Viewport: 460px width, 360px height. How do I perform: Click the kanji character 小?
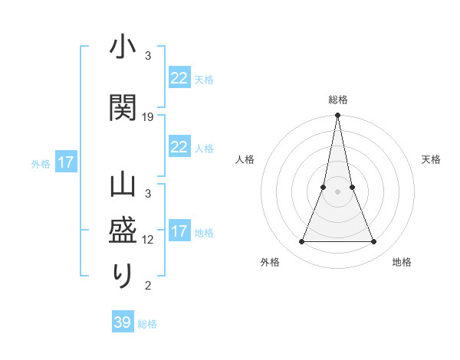point(123,48)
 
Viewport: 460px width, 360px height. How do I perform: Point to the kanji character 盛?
point(123,231)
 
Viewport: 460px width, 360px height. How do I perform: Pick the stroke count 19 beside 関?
point(148,117)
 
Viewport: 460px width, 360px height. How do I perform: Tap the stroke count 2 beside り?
point(148,286)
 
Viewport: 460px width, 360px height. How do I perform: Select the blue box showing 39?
point(123,322)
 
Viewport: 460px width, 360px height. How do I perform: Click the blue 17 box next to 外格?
point(65,162)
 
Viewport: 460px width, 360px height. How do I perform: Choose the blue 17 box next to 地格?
point(179,231)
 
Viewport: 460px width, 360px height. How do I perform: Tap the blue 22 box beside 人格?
point(179,147)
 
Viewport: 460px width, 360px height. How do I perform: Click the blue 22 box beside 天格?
point(179,77)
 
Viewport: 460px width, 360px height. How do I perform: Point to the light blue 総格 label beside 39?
point(147,324)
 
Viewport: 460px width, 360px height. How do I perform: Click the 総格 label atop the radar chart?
point(337,100)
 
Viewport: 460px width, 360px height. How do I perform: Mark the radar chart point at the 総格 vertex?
point(337,116)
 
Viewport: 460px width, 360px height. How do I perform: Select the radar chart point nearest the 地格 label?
point(374,242)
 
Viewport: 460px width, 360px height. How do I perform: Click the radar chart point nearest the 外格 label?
point(301,242)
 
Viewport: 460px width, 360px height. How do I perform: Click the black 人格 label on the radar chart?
point(245,159)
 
